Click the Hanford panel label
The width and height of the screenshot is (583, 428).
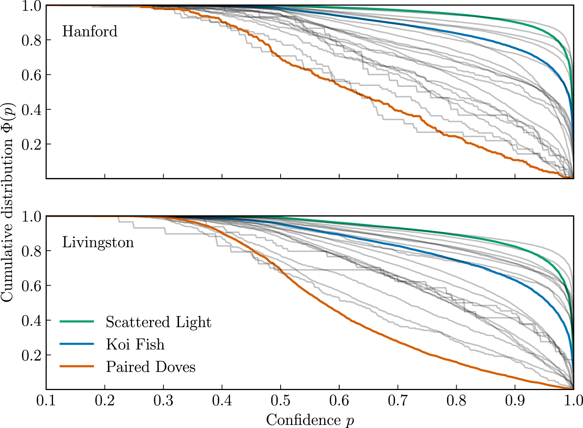pos(90,31)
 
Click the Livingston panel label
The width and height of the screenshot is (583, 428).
pos(98,242)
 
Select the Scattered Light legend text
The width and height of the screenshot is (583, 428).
pos(158,322)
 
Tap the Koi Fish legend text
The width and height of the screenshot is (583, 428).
pos(135,344)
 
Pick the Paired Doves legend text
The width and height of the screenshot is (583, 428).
pos(150,367)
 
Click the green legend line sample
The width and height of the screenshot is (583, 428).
pos(77,322)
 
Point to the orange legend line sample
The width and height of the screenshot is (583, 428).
pos(77,366)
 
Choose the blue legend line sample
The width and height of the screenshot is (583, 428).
pos(77,344)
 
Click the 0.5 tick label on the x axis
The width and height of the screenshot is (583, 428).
pos(281,401)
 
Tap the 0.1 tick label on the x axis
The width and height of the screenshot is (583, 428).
pos(46,401)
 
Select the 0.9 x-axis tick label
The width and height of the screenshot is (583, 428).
pos(515,401)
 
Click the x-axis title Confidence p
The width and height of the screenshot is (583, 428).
pos(310,420)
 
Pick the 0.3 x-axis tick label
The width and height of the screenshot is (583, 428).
pos(163,401)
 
